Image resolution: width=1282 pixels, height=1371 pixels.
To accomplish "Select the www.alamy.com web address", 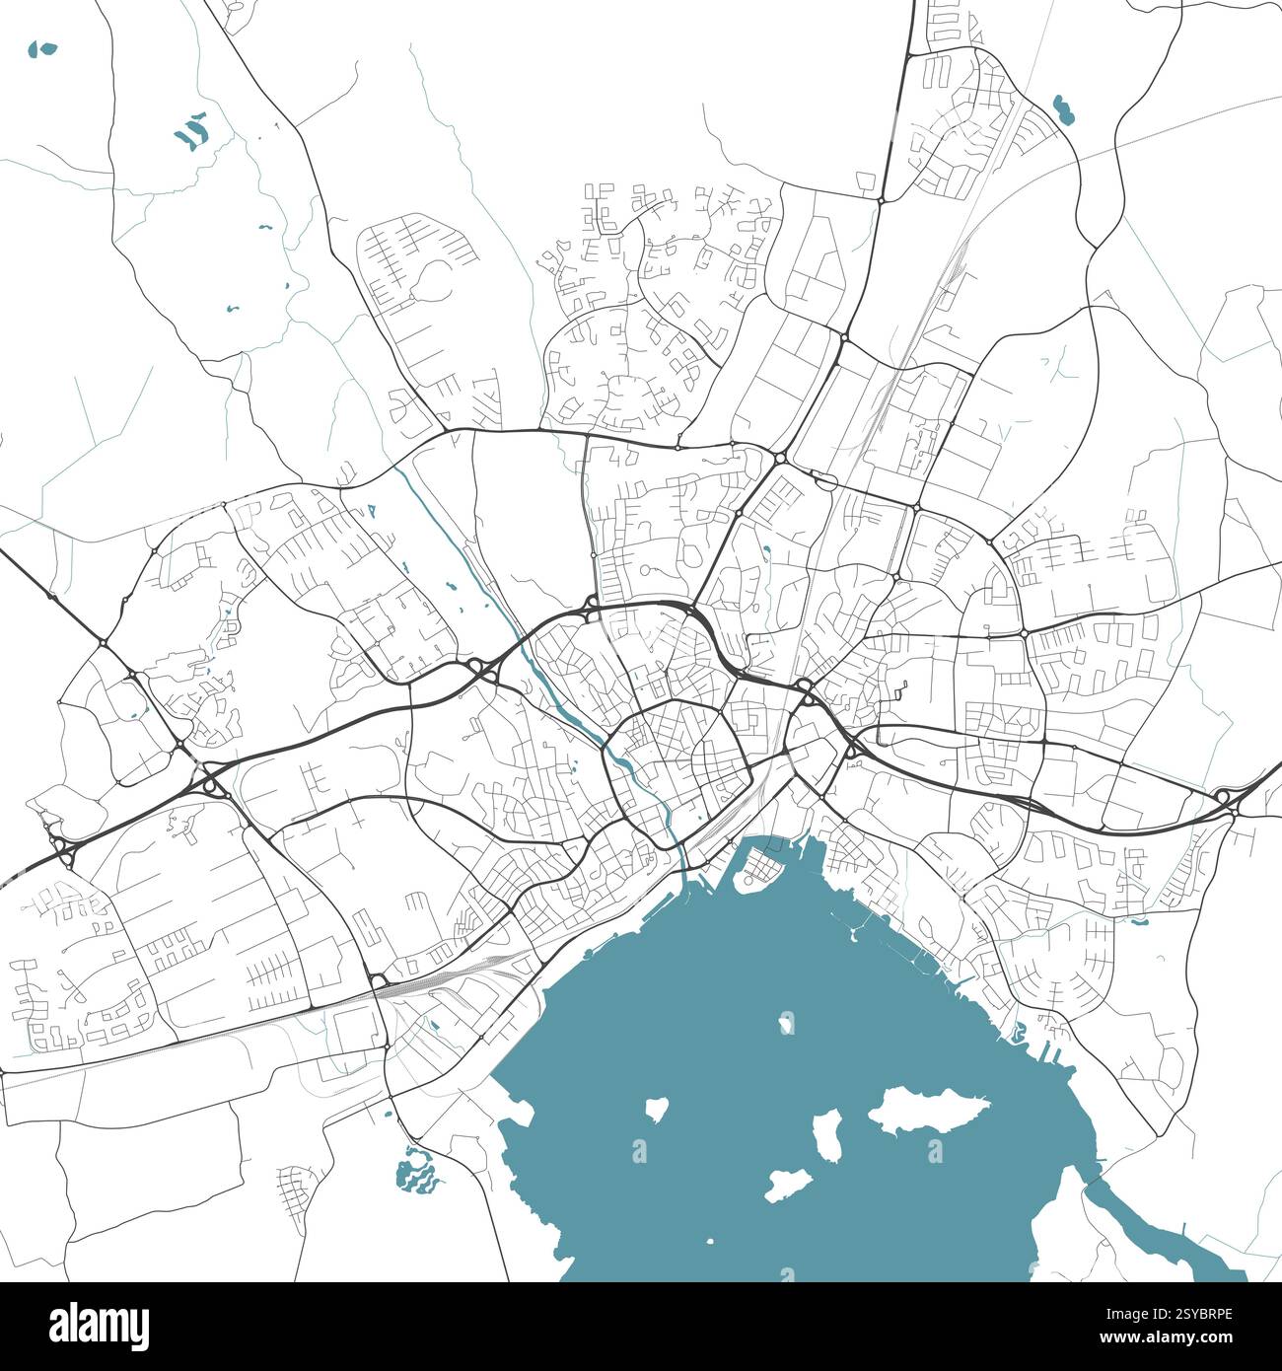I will coord(1175,1339).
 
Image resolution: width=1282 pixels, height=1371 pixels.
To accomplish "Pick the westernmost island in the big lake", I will coord(655,1109).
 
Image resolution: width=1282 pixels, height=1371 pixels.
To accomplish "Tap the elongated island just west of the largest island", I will coord(826,1134).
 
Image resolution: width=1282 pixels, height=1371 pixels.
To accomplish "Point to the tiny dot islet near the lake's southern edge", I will coord(709,1241).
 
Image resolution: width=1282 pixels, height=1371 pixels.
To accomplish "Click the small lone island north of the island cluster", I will coord(786,1022).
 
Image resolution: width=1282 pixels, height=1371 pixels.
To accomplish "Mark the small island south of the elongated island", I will coord(789,1184).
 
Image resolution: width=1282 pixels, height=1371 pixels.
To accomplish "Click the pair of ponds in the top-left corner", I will coord(43,47).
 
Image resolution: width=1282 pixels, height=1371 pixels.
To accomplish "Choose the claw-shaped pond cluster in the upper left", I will coord(192,131).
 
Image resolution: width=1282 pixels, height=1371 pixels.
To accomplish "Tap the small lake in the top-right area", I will coord(1063,108).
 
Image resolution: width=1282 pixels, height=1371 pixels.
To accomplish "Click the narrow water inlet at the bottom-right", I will coord(1154,1233).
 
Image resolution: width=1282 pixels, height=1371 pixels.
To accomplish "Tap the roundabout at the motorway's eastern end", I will coord(1224,796).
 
